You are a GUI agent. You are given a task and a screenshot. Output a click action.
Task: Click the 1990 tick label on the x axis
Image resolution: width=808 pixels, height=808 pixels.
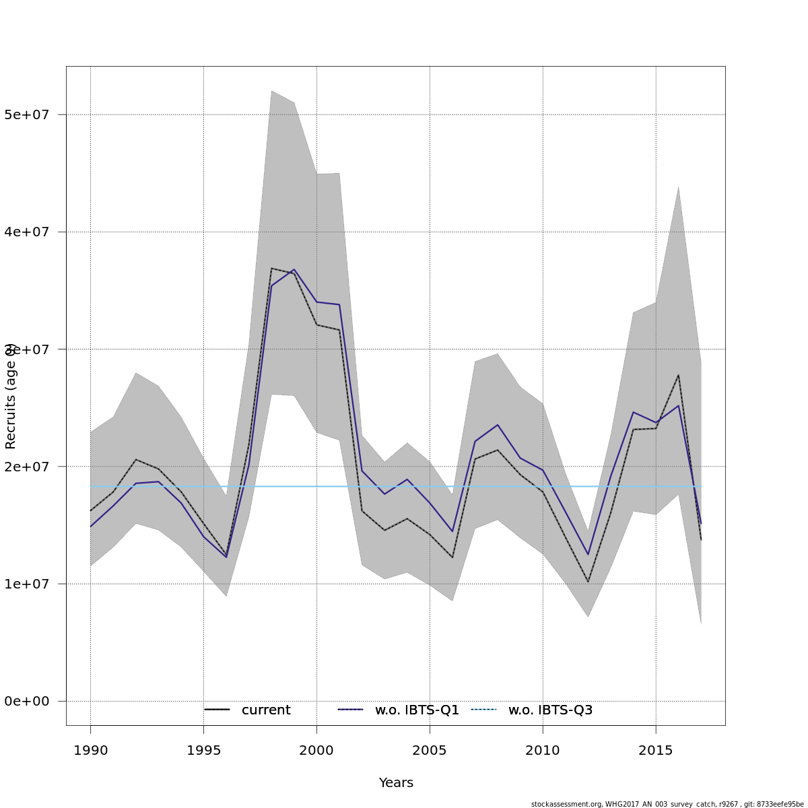[x=90, y=750]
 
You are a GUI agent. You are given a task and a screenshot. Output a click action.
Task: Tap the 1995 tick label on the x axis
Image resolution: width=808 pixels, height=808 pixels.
[x=203, y=750]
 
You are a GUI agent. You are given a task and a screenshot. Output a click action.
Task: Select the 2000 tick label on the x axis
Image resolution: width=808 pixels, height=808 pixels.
[x=316, y=750]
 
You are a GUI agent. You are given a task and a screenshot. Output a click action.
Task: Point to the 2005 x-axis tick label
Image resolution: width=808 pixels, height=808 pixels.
[x=430, y=750]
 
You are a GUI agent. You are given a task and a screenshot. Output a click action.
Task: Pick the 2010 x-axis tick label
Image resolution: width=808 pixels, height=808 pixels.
[x=543, y=750]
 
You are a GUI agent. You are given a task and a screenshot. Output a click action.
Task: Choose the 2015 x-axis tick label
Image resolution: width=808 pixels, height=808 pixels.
[x=656, y=750]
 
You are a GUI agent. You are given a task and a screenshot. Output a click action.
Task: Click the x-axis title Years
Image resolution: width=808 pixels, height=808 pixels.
[x=396, y=783]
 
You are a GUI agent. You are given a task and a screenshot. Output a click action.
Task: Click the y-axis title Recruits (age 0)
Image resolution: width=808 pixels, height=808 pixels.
[x=11, y=396]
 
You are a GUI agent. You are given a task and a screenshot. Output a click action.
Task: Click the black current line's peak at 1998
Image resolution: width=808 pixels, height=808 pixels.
[x=271, y=268]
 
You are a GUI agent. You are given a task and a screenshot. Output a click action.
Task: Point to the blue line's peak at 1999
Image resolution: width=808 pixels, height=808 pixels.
[x=294, y=269]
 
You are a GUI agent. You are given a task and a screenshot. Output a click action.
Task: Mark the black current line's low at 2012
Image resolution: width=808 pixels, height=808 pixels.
[x=588, y=582]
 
